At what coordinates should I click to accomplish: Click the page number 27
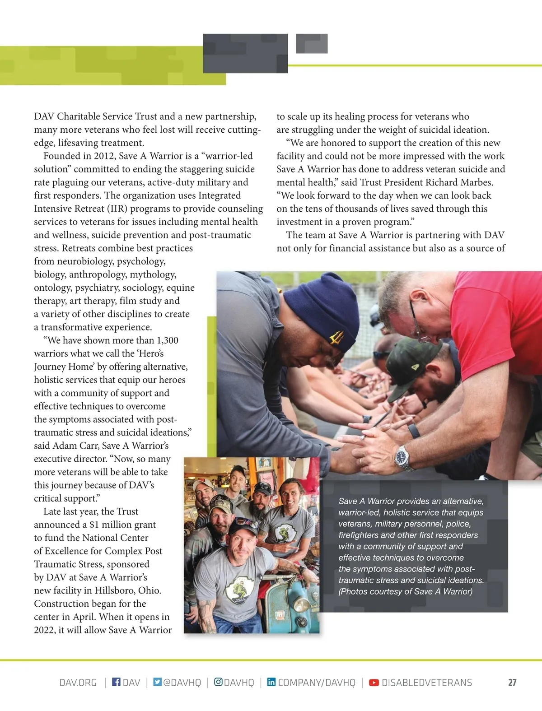click(512, 683)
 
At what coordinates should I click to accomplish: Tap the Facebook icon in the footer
click(116, 682)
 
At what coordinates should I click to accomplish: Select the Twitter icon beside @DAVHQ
click(157, 682)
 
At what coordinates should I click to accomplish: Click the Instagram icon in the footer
click(218, 682)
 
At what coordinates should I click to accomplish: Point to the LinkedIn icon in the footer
click(271, 682)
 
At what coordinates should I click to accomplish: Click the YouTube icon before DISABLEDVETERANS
click(374, 683)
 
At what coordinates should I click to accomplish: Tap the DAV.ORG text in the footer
click(78, 683)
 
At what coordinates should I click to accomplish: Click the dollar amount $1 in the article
click(94, 525)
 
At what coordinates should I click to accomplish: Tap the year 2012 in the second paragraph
click(105, 156)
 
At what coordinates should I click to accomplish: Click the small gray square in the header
click(312, 44)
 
